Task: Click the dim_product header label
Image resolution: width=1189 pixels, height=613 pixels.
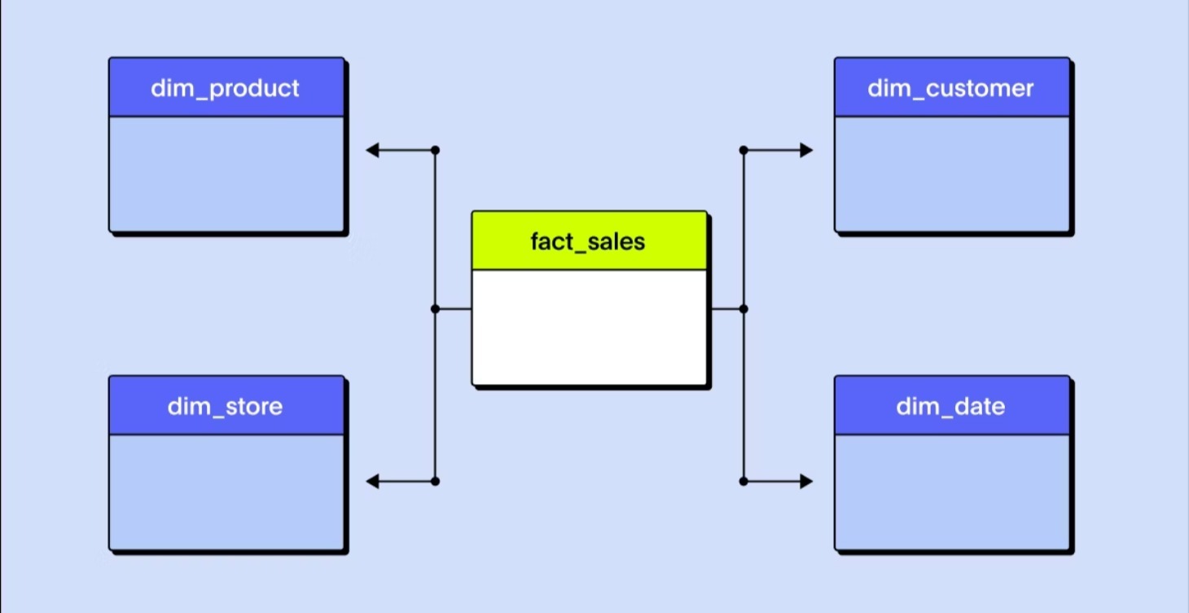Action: (226, 88)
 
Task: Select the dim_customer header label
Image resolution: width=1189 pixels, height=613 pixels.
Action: (950, 88)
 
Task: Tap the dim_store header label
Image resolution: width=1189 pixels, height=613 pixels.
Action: (226, 406)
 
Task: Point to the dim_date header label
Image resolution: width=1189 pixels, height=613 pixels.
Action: (950, 406)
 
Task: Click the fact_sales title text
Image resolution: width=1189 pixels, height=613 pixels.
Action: (588, 241)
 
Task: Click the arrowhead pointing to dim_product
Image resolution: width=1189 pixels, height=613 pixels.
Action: (372, 150)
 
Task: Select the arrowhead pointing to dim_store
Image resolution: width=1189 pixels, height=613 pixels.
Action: (372, 482)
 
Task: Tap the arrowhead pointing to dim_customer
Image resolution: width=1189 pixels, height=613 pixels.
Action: (806, 150)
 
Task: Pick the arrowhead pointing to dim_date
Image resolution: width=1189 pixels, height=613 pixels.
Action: (806, 482)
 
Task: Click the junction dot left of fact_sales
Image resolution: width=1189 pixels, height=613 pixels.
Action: (435, 309)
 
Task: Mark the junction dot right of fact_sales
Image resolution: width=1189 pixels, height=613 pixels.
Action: (744, 309)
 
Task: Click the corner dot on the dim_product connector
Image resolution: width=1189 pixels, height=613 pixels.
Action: (435, 150)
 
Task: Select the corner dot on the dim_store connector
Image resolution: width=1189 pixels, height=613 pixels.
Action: (435, 482)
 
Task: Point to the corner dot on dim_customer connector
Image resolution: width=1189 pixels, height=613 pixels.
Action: (744, 150)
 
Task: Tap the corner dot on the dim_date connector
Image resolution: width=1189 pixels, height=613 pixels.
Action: (744, 482)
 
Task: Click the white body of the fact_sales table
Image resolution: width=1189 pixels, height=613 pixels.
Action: (589, 326)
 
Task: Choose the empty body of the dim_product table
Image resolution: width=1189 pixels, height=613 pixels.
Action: (226, 174)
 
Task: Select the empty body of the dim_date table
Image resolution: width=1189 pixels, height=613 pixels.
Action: (951, 492)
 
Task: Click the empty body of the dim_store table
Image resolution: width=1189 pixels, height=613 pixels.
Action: (226, 492)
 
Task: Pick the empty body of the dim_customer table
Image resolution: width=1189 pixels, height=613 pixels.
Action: (951, 174)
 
